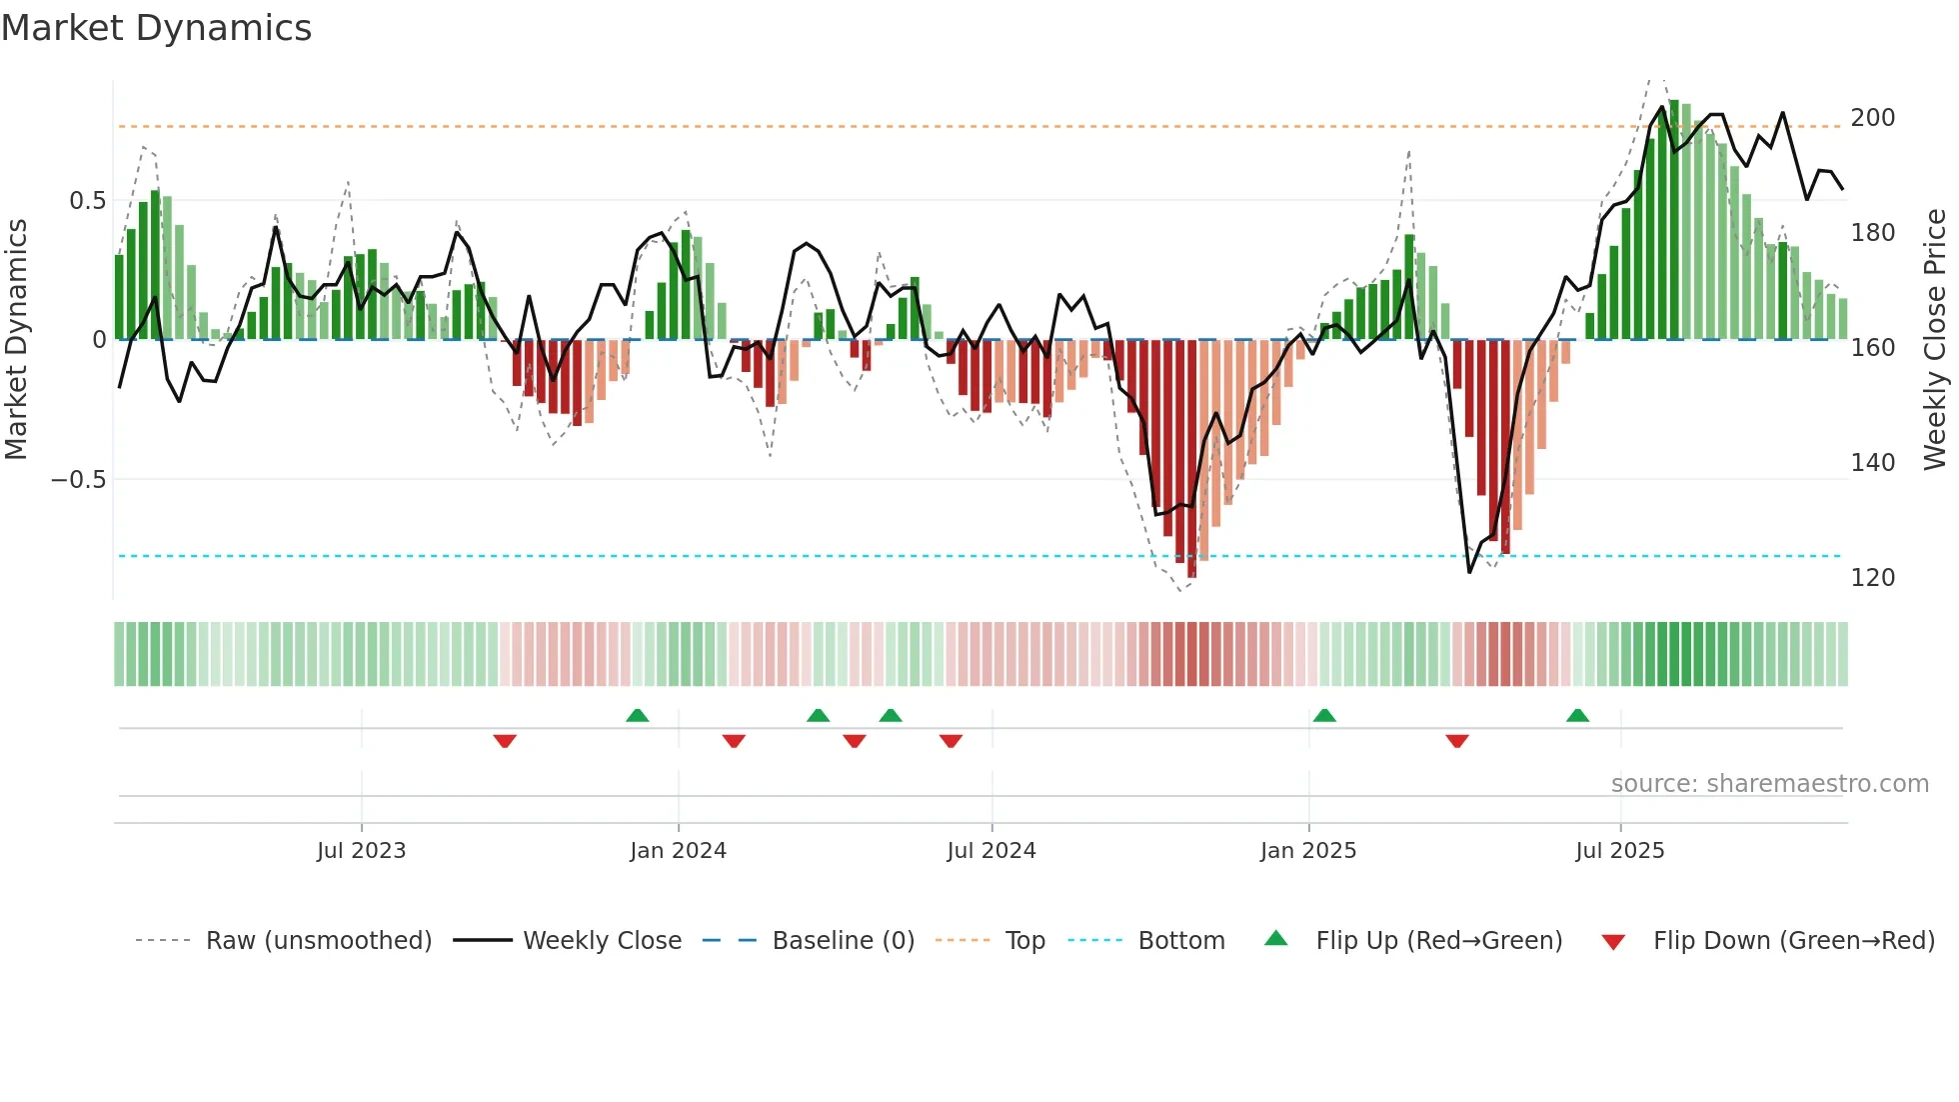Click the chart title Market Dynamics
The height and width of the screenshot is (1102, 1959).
[156, 28]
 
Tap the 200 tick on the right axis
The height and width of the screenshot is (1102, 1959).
[1872, 118]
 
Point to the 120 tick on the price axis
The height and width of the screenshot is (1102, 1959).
[1872, 578]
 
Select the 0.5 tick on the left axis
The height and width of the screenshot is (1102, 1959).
[87, 201]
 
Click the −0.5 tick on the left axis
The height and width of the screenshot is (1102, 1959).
[79, 480]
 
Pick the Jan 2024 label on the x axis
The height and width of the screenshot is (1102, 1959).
[678, 851]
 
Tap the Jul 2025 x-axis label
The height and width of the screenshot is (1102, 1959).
[1619, 851]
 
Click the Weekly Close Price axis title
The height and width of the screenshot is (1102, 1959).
[1935, 340]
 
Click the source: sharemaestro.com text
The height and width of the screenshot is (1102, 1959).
[1769, 784]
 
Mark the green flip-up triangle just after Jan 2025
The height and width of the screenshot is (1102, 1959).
[1324, 715]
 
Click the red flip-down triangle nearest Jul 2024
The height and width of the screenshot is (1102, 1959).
[951, 741]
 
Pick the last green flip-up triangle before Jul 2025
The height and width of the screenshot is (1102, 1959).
[1577, 715]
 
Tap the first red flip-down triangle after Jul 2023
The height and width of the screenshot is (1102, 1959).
[505, 741]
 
